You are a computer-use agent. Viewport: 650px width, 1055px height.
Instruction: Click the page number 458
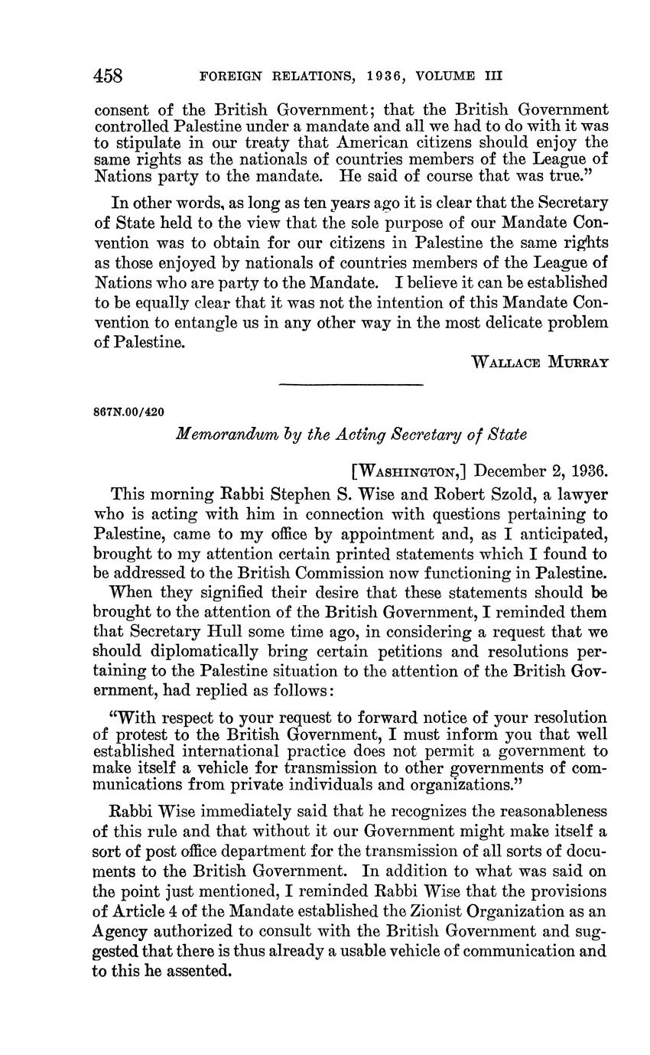109,76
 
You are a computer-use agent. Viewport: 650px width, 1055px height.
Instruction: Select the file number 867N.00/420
128,412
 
